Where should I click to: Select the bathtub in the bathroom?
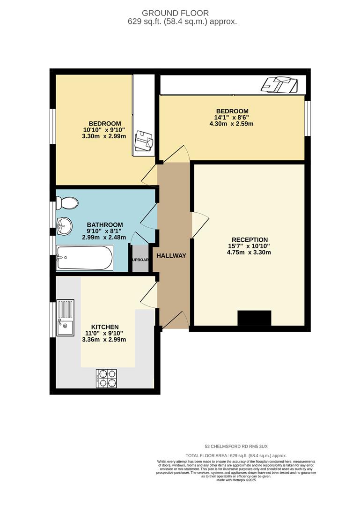click(84, 258)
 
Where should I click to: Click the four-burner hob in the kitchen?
click(106, 379)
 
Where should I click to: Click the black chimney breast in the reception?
click(254, 318)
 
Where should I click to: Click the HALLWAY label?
click(171, 256)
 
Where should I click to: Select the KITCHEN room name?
click(105, 327)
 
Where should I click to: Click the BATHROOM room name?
click(105, 225)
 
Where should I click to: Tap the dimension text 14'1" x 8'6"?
click(232, 118)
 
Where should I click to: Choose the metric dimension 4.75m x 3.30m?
click(249, 253)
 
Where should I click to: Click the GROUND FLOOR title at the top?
click(182, 13)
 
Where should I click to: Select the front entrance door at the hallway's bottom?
click(175, 322)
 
